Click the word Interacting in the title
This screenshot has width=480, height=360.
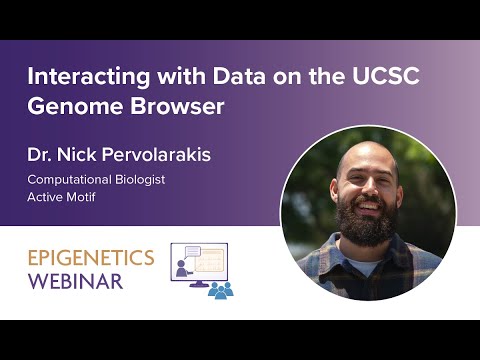(81, 76)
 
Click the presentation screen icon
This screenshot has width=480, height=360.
(200, 264)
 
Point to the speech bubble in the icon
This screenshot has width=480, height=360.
(187, 251)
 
